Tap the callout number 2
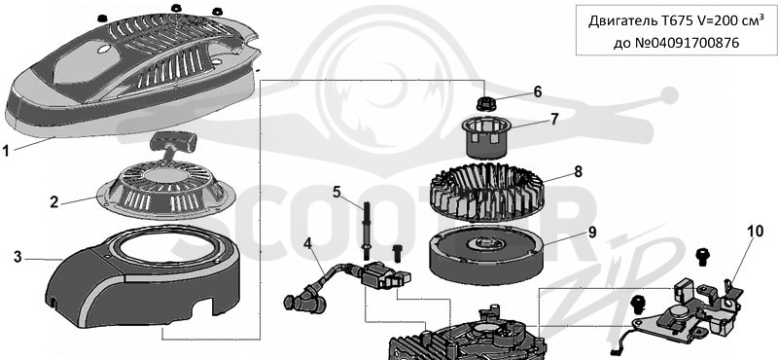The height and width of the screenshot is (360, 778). (x=54, y=202)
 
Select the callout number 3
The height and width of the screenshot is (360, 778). (x=18, y=257)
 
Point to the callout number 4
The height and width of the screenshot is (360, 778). (x=308, y=244)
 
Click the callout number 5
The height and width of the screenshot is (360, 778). (x=336, y=192)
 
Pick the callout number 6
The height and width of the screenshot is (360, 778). (x=538, y=91)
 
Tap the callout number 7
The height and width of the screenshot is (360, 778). (x=554, y=119)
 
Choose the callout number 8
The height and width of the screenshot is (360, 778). (x=578, y=172)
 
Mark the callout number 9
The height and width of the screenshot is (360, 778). (x=592, y=233)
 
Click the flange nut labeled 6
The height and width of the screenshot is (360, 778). (x=483, y=103)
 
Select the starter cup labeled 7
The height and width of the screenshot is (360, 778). (x=480, y=135)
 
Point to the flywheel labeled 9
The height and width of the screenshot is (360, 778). (x=485, y=254)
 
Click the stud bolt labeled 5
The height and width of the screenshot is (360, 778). (x=370, y=229)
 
